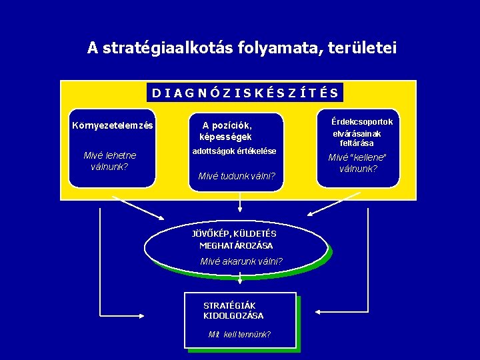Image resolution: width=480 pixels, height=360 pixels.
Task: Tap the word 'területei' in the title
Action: pos(361,48)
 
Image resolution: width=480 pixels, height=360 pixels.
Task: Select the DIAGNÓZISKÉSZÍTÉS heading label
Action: pos(245,93)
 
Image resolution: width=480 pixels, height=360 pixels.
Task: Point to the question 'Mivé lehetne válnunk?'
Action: pos(110,161)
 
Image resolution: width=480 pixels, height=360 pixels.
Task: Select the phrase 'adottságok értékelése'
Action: pos(233,151)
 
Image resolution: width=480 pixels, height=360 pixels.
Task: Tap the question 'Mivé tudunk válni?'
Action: pos(237,176)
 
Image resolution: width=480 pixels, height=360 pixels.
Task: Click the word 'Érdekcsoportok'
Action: pos(362,122)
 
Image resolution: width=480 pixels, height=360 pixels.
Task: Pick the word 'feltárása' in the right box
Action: pos(357,143)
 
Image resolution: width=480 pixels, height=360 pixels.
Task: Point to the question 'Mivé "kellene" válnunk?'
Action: pos(358,163)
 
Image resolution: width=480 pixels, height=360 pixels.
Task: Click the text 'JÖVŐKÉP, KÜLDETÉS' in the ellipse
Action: pos(234,234)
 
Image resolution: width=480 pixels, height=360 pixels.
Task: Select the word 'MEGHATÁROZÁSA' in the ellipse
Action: pos(236,245)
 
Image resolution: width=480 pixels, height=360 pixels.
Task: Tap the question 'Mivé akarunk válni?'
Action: pos(241,261)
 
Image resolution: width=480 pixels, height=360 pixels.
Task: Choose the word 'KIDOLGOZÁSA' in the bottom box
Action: pos(233,315)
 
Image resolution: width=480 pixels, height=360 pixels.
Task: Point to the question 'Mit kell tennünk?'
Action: pos(239,334)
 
